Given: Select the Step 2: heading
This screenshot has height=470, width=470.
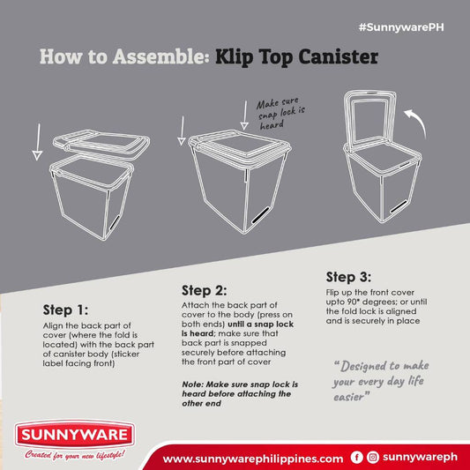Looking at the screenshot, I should [205, 290].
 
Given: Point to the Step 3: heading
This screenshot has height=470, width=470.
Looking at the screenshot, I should [350, 275].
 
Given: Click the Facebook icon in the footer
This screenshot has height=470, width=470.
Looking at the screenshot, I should [356, 458].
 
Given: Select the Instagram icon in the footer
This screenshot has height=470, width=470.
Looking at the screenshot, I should [373, 458].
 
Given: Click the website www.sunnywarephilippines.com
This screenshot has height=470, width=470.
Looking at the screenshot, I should [253, 459].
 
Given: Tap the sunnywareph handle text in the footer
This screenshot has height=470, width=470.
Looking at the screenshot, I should [421, 458].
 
